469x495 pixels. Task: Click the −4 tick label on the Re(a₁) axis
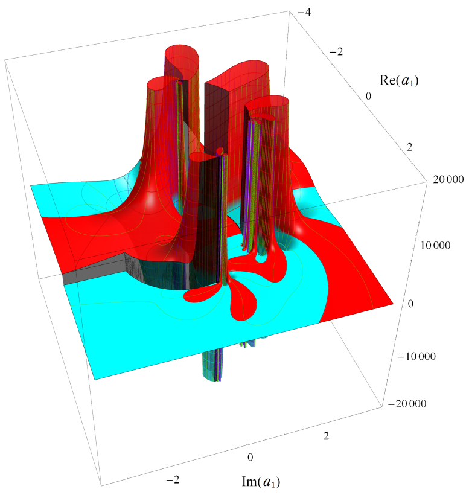(x=304, y=13)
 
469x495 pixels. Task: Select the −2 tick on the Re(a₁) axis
(x=336, y=52)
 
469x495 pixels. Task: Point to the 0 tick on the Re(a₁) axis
(x=368, y=96)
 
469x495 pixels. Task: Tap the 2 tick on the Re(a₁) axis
(x=409, y=147)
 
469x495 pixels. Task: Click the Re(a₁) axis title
(x=399, y=80)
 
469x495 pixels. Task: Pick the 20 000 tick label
(x=448, y=179)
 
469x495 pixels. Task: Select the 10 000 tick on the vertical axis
(x=436, y=245)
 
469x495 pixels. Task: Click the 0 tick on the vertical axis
(x=410, y=304)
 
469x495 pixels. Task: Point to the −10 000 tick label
(x=416, y=356)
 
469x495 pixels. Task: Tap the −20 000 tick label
(x=407, y=404)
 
